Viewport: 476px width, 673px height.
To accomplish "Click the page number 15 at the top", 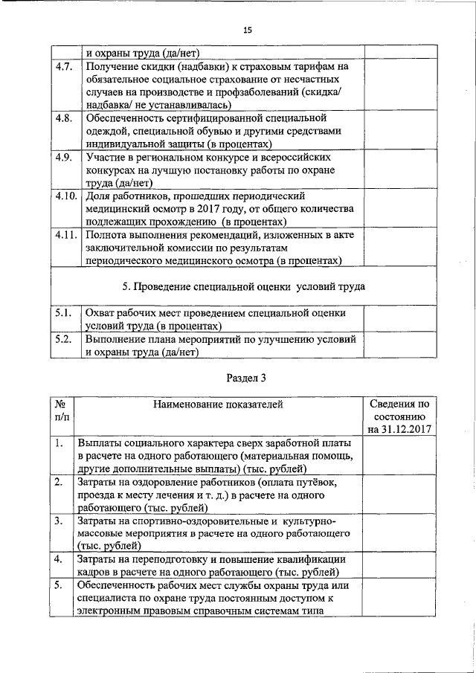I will [x=248, y=30].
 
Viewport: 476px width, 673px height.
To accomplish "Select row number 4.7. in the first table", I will [x=64, y=68].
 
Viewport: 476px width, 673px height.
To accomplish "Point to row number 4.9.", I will [x=64, y=158].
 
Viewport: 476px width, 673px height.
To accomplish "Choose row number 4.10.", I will [x=65, y=196].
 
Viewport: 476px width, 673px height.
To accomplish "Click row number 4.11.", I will [x=65, y=235].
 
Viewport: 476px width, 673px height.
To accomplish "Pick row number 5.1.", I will [x=64, y=314].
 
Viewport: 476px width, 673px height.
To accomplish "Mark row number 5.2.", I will [x=64, y=339].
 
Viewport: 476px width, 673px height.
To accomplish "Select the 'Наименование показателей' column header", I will [x=218, y=405].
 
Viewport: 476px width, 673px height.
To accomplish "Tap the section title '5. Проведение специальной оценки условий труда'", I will [x=242, y=287].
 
